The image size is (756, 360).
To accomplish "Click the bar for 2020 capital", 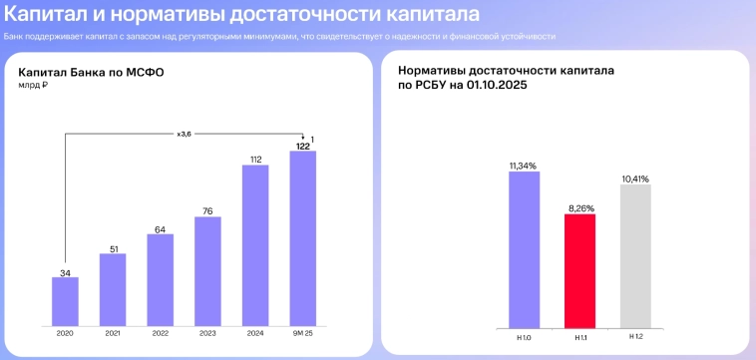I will point(65,300).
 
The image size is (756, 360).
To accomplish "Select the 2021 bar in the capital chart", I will point(113,289).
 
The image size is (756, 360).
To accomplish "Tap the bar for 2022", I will point(160,279).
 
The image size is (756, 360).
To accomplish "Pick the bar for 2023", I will point(207,270).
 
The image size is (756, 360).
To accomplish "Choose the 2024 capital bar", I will point(255,244).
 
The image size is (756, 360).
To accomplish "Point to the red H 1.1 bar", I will point(579,269).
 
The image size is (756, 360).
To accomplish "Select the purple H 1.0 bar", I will point(524,248).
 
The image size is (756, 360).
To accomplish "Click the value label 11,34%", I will point(523,165).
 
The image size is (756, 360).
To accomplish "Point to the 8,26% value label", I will point(579,208).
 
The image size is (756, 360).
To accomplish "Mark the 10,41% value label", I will point(635,179).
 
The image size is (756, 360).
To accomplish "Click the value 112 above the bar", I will point(255,159).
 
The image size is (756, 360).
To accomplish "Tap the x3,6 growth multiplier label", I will point(184,134).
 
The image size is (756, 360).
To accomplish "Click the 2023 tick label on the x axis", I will point(207,334).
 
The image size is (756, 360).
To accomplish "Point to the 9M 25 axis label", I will point(302,334).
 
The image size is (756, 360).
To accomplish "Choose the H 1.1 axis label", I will point(579,338).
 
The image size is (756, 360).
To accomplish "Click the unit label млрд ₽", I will point(33,86).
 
